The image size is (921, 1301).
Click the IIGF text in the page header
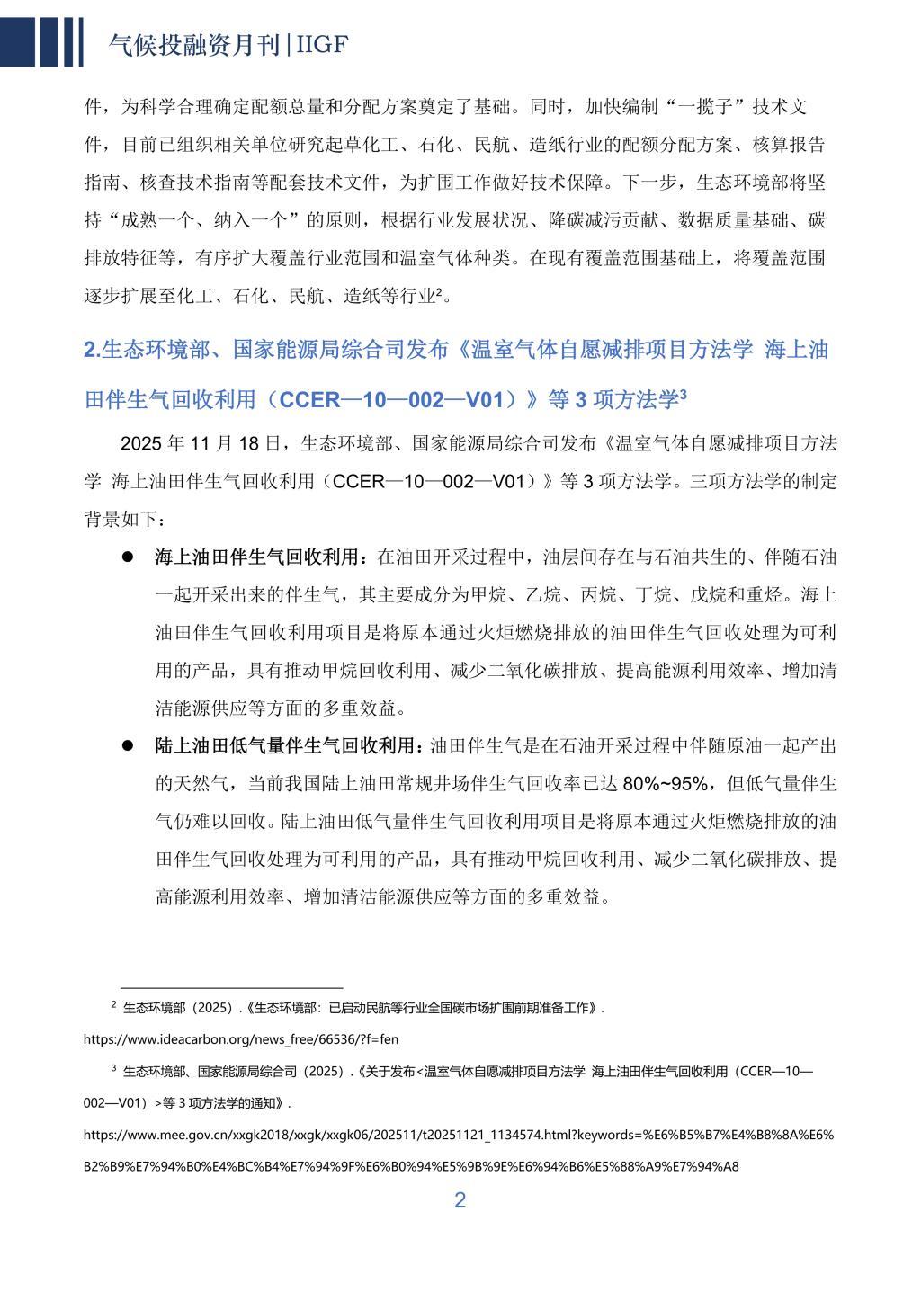coord(322,45)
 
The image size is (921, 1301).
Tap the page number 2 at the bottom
coord(460,1200)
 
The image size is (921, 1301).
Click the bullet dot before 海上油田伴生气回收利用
coord(128,557)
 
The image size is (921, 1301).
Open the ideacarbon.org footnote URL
coord(240,1039)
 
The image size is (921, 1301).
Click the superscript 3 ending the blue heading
coord(684,393)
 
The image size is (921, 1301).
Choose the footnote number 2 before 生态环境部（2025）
coord(113,1004)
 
